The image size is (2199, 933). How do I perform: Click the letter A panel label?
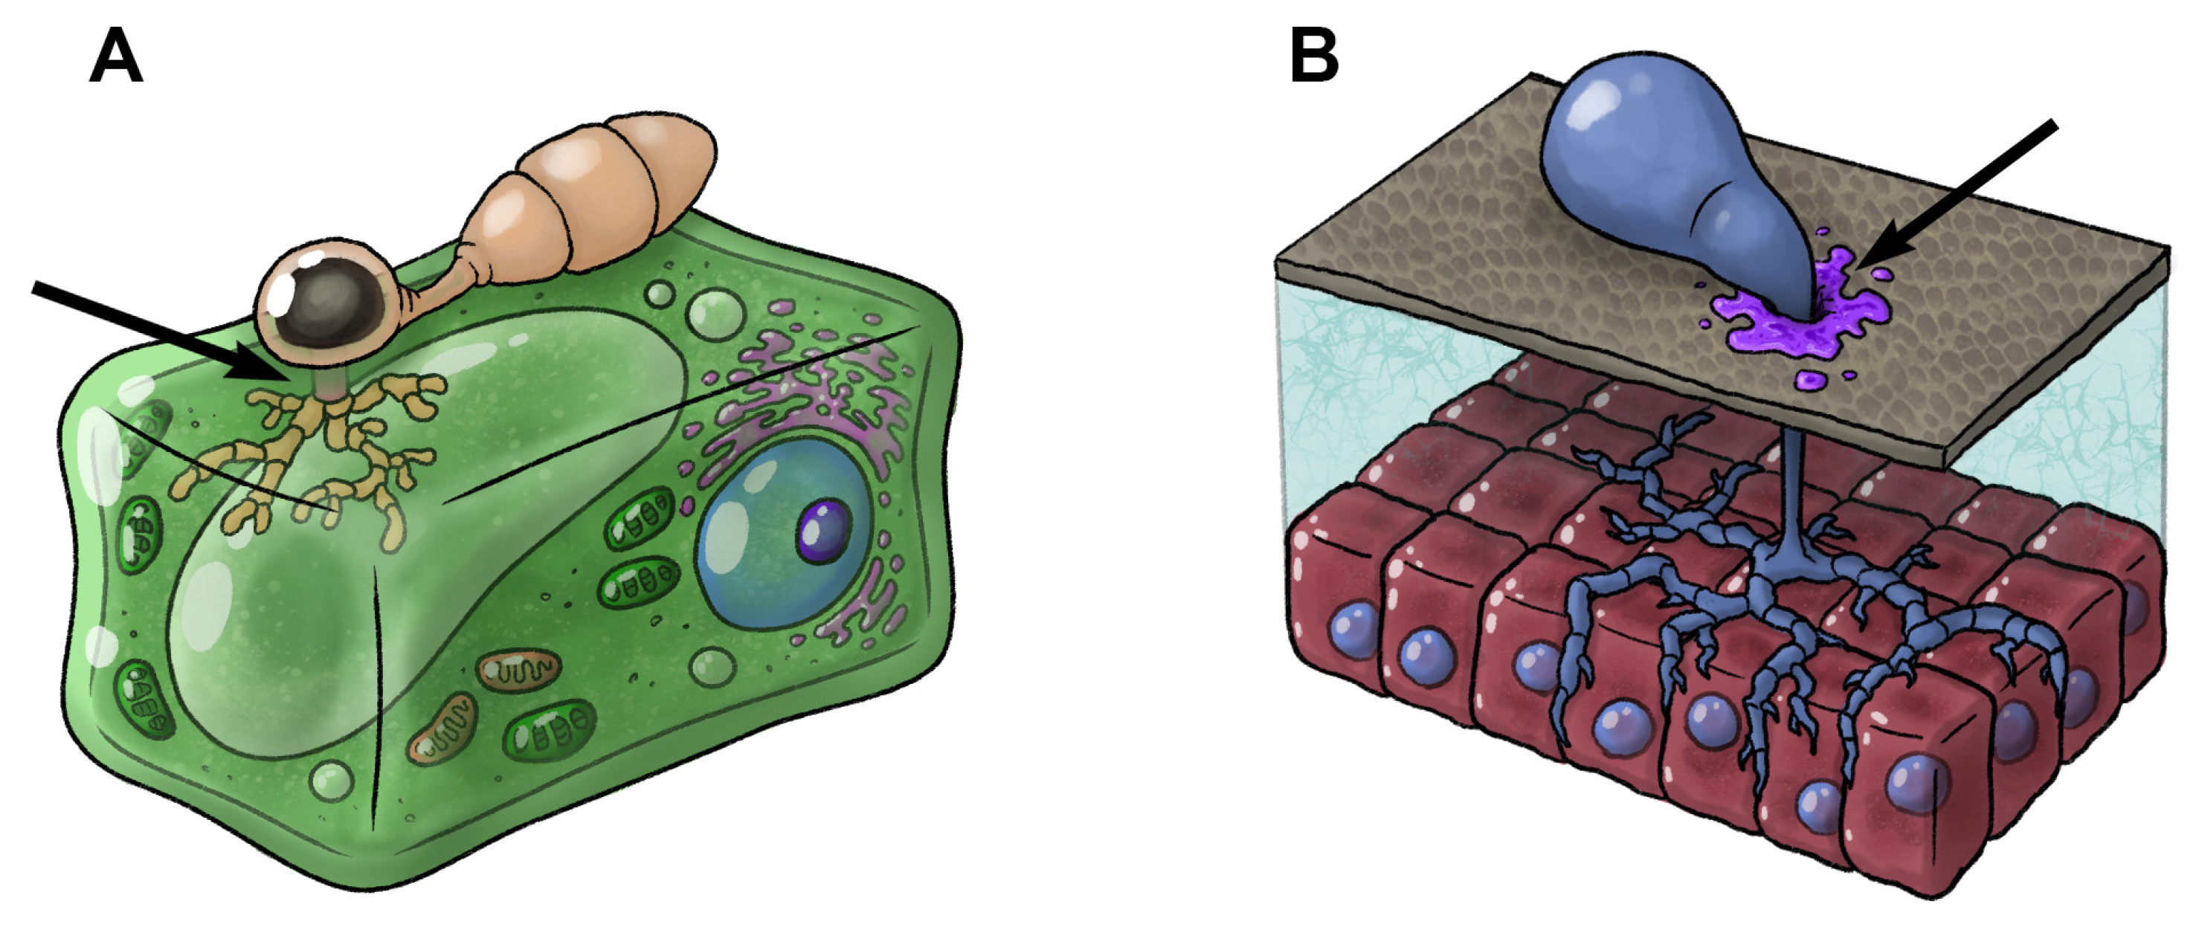115,57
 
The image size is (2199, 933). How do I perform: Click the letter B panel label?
1314,57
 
